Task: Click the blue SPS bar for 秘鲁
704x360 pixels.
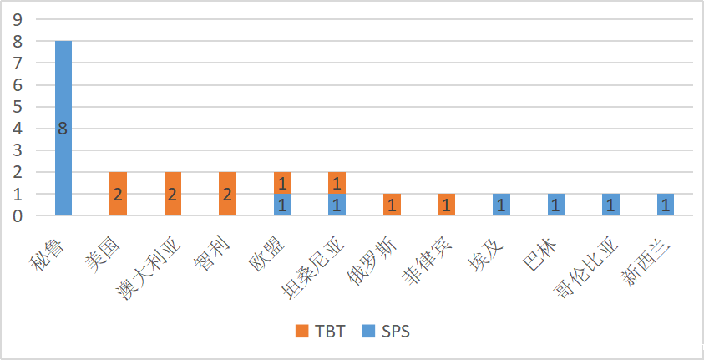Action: pyautogui.click(x=63, y=92)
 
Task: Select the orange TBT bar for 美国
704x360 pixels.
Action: pyautogui.click(x=118, y=194)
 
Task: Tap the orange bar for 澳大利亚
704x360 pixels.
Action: pyautogui.click(x=173, y=194)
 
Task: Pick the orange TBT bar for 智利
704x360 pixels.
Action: pyautogui.click(x=227, y=194)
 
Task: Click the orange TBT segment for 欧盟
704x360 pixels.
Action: pyautogui.click(x=282, y=183)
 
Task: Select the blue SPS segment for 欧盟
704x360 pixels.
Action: pyautogui.click(x=282, y=205)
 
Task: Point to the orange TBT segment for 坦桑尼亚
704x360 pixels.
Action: pyautogui.click(x=337, y=183)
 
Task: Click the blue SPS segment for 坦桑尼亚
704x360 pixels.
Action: pyautogui.click(x=337, y=205)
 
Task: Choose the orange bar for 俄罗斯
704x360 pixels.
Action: pyautogui.click(x=392, y=205)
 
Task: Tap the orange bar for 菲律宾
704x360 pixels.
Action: pyautogui.click(x=446, y=205)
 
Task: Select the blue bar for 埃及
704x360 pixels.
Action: pyautogui.click(x=501, y=205)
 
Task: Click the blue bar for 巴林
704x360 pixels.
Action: pyautogui.click(x=555, y=205)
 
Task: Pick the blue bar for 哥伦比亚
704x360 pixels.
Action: pyautogui.click(x=610, y=205)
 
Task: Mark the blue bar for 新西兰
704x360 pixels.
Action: pyautogui.click(x=665, y=205)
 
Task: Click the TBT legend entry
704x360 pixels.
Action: pyautogui.click(x=321, y=331)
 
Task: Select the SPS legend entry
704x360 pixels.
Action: pyautogui.click(x=387, y=331)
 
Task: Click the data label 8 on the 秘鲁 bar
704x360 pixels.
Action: pyautogui.click(x=63, y=129)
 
